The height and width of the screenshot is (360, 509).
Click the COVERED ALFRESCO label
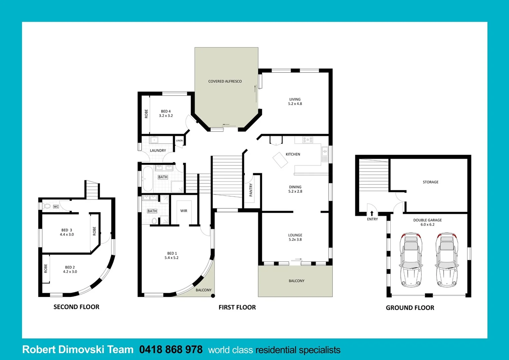[225, 81]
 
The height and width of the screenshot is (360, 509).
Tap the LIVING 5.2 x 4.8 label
[295, 102]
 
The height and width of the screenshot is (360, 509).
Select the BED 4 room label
[166, 114]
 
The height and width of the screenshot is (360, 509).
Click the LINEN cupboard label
[179, 141]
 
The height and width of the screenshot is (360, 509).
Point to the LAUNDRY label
[158, 151]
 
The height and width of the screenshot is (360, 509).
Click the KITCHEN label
[293, 154]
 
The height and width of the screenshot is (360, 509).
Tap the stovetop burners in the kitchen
[307, 140]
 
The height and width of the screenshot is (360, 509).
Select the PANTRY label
[251, 190]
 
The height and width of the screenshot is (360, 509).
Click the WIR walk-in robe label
[184, 211]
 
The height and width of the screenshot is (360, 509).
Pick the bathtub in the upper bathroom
[148, 179]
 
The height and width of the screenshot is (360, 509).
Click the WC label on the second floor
[56, 207]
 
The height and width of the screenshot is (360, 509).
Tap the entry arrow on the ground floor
[372, 213]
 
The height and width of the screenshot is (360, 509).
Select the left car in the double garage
[411, 260]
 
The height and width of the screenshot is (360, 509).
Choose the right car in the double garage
[447, 260]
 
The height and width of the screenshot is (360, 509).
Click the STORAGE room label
[430, 182]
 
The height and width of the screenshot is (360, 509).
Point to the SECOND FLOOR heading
[76, 307]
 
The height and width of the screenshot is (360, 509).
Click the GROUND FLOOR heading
[410, 308]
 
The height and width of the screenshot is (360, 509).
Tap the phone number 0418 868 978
[171, 350]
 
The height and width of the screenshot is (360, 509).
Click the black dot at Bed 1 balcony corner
[213, 296]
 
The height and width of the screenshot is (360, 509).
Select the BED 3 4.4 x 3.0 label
[67, 232]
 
